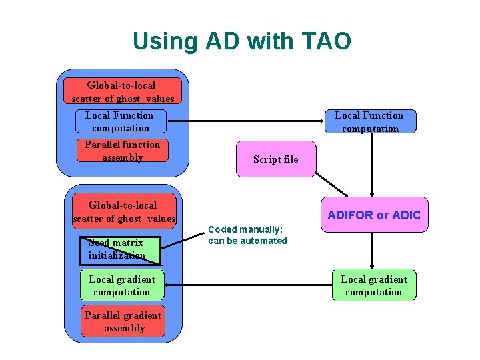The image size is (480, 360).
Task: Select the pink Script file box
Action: (x=275, y=159)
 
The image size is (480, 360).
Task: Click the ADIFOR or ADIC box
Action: (x=374, y=215)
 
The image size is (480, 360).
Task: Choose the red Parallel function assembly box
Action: (x=122, y=151)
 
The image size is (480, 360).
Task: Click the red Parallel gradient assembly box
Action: (x=123, y=321)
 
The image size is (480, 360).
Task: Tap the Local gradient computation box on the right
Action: (x=374, y=285)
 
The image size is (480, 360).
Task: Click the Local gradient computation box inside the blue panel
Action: (x=121, y=285)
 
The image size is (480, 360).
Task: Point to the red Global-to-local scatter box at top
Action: (x=122, y=91)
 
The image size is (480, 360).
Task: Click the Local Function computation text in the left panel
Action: (x=120, y=121)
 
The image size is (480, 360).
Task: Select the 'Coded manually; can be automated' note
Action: (x=247, y=235)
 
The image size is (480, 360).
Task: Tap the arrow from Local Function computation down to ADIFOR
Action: (x=372, y=163)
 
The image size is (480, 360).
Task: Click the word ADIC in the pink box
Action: (x=407, y=215)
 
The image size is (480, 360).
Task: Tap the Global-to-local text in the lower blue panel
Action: (x=123, y=205)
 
